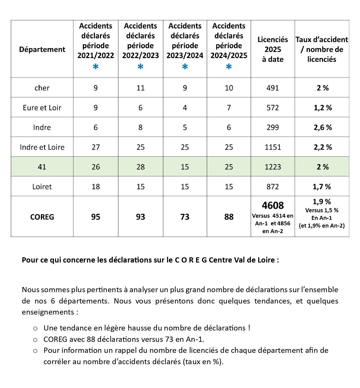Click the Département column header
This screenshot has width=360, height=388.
[x=42, y=49]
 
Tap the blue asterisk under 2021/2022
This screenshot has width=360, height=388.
[x=96, y=67]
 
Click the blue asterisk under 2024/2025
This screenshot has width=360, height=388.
[x=229, y=67]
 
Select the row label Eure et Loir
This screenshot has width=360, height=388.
[x=42, y=108]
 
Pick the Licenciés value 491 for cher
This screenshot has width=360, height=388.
[x=273, y=88]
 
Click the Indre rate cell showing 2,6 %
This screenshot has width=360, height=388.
[x=323, y=127]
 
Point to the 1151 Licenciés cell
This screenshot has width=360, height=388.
[x=273, y=147]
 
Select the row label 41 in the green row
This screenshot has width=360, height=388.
[x=42, y=167]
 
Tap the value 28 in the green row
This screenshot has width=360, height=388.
[x=141, y=167]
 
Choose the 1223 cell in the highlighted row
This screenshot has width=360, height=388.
[x=273, y=167]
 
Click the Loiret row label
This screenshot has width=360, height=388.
[x=42, y=187]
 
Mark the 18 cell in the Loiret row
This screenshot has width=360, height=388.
[x=96, y=187]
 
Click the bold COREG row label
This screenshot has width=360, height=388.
[x=42, y=217]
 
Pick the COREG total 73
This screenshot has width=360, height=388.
[x=185, y=217]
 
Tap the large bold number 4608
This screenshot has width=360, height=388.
[x=273, y=206]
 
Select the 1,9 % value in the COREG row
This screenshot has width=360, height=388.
[x=322, y=202]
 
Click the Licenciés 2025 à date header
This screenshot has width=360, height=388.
[x=273, y=49]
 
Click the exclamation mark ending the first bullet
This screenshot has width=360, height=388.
[x=249, y=328]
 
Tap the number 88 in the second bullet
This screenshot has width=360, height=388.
[x=91, y=339]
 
